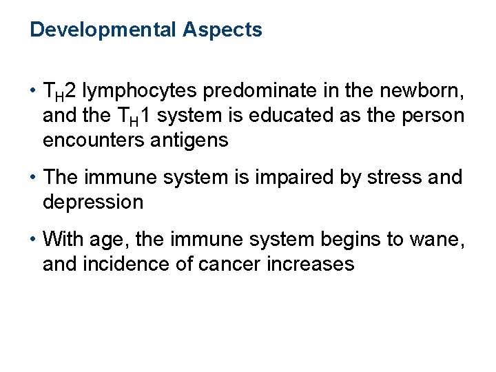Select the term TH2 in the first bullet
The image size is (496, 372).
pos(59,90)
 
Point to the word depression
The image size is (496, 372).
pos(93,203)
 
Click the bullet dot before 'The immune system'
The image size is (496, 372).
pos(32,178)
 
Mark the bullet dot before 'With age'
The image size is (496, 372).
pos(32,239)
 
